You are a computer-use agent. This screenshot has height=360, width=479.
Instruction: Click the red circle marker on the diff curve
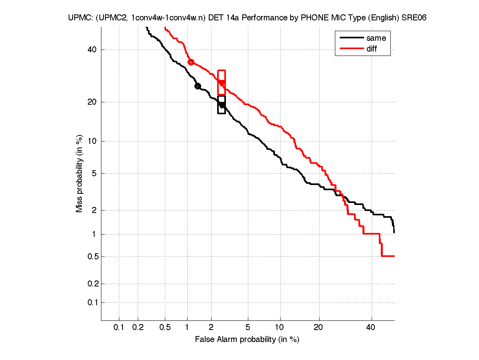[x=191, y=62]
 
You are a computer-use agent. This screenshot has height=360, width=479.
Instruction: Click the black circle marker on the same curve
[x=198, y=86]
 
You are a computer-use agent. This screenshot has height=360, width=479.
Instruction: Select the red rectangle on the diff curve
[x=222, y=82]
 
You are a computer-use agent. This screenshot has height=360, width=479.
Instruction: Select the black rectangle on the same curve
[x=222, y=105]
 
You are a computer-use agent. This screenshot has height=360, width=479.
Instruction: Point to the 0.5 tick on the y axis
[x=91, y=257]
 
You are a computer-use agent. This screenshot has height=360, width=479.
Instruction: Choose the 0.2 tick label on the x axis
[x=138, y=328]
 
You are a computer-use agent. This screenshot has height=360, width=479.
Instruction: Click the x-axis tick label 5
[x=248, y=328]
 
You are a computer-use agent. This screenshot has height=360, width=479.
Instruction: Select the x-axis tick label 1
[x=187, y=328]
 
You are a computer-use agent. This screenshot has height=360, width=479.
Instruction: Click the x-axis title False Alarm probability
[x=247, y=340]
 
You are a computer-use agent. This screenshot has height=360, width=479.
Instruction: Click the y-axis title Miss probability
[x=80, y=174]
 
